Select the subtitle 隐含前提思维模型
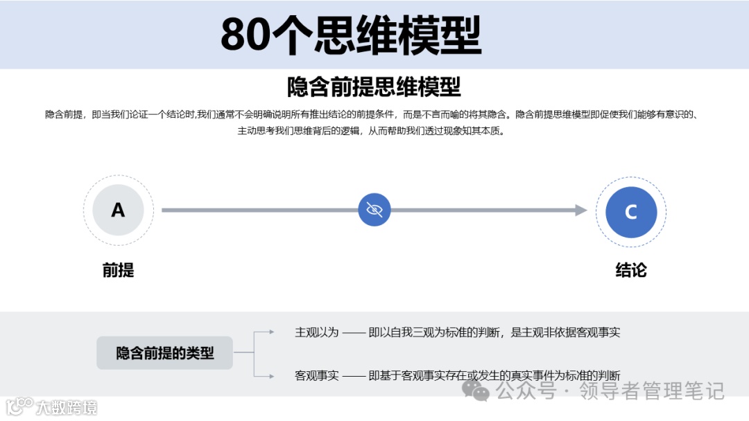(374, 88)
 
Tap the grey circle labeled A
(118, 210)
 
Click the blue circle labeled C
(630, 212)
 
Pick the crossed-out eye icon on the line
(374, 210)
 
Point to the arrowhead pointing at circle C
(581, 210)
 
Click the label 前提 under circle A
(118, 270)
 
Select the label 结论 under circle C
(630, 270)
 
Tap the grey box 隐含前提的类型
(164, 353)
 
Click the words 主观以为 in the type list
(317, 332)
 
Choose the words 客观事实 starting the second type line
(317, 375)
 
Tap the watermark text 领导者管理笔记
(652, 391)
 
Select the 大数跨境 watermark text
(67, 406)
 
